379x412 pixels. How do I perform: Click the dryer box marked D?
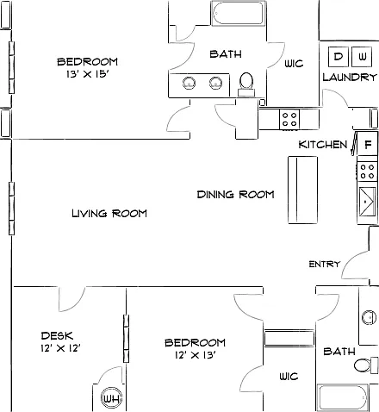[x=339, y=56]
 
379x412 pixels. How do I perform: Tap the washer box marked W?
[x=363, y=56]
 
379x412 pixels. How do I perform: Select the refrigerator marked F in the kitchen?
[x=367, y=144]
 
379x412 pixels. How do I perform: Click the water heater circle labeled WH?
[x=112, y=398]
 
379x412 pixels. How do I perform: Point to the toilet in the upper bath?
[x=246, y=84]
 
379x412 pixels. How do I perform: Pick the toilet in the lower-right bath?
[x=365, y=365]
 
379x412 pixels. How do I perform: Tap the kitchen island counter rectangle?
[x=303, y=190]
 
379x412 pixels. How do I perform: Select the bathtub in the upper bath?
[x=238, y=13]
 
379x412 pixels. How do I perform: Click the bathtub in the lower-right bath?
[x=343, y=397]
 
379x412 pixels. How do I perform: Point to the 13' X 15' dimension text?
[x=88, y=74]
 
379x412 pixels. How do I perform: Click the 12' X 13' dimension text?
[x=196, y=355]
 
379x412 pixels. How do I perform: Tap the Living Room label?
[x=109, y=214]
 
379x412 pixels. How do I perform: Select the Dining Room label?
[x=235, y=195]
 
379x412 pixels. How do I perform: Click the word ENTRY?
[x=325, y=264]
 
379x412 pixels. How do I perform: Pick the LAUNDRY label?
[x=350, y=77]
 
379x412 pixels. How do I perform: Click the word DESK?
[x=57, y=335]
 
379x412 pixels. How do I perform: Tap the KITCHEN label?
[x=323, y=145]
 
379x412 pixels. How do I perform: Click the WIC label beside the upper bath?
[x=294, y=64]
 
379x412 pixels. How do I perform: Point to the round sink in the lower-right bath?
[x=370, y=317]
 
